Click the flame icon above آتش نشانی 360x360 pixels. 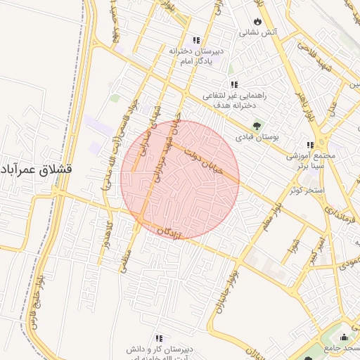pyautogui.click(x=258, y=21)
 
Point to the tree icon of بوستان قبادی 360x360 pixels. pyautogui.click(x=257, y=126)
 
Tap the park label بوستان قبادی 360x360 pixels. pyautogui.click(x=257, y=136)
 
